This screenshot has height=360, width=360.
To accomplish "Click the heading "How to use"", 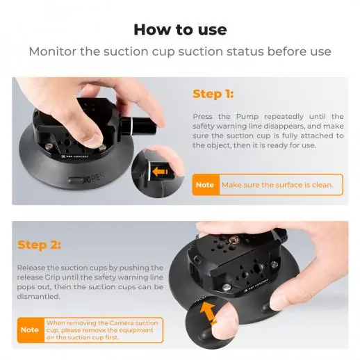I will tap(180, 29).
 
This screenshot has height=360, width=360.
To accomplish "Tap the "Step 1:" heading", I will tap(213, 94).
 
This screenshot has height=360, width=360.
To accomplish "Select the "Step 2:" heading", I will tap(40, 245).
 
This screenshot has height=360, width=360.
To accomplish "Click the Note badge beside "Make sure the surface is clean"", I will tap(205, 185).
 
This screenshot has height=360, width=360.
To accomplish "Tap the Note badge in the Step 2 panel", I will tap(29, 329).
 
